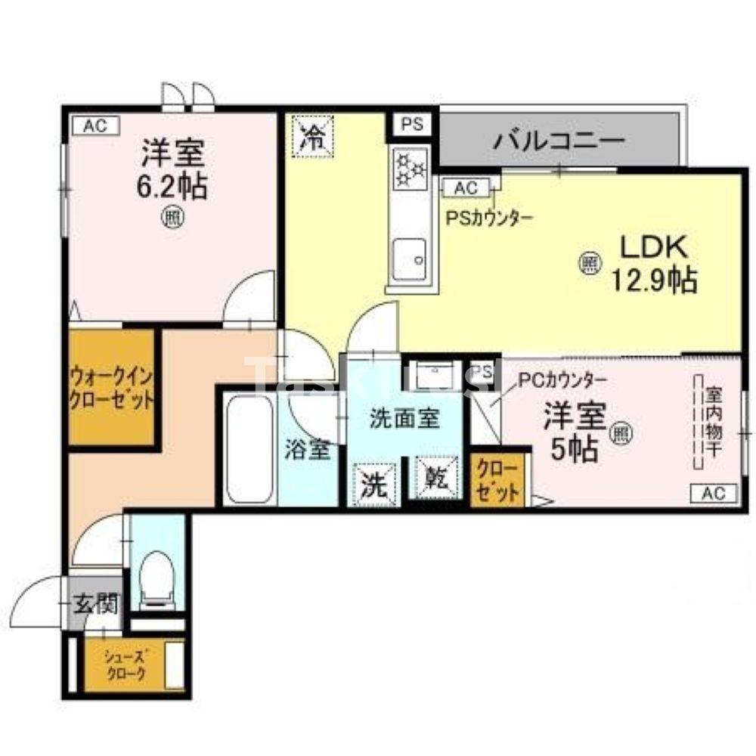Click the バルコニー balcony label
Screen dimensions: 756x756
pos(560,141)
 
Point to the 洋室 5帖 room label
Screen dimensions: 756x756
pos(575,432)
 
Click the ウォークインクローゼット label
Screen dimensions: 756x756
pos(112,387)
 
